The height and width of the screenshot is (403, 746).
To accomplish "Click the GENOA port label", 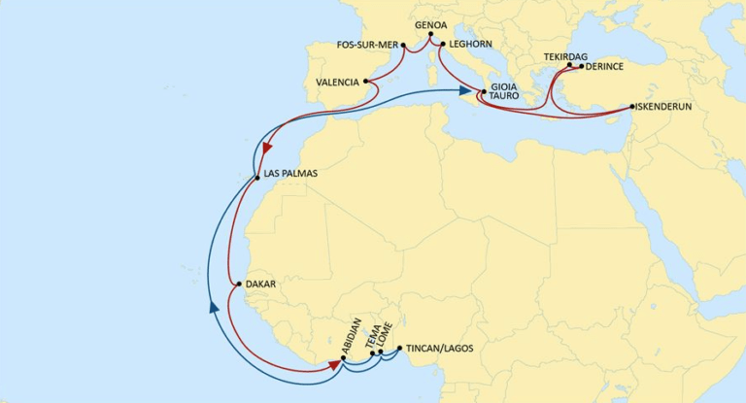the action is (429, 22).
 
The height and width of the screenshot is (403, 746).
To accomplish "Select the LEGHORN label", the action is (468, 45).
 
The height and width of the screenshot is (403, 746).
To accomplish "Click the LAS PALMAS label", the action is (290, 175).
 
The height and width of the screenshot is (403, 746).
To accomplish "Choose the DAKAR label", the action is (262, 285).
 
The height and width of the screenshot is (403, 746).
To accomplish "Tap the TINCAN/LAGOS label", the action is (438, 347).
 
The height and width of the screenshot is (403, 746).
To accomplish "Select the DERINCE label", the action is (606, 67).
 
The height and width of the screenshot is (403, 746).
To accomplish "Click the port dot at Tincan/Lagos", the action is (398, 347).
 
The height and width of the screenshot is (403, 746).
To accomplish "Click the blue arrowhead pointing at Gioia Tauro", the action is (463, 91).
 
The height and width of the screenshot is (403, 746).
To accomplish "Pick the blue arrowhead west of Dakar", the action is (215, 308).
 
